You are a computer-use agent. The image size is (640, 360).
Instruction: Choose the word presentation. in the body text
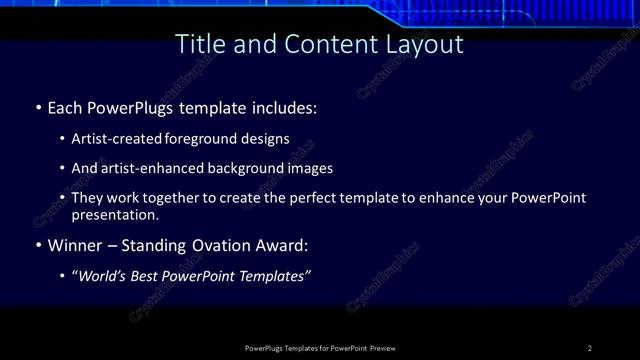click(x=115, y=214)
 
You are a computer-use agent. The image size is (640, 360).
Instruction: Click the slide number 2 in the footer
click(x=589, y=348)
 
